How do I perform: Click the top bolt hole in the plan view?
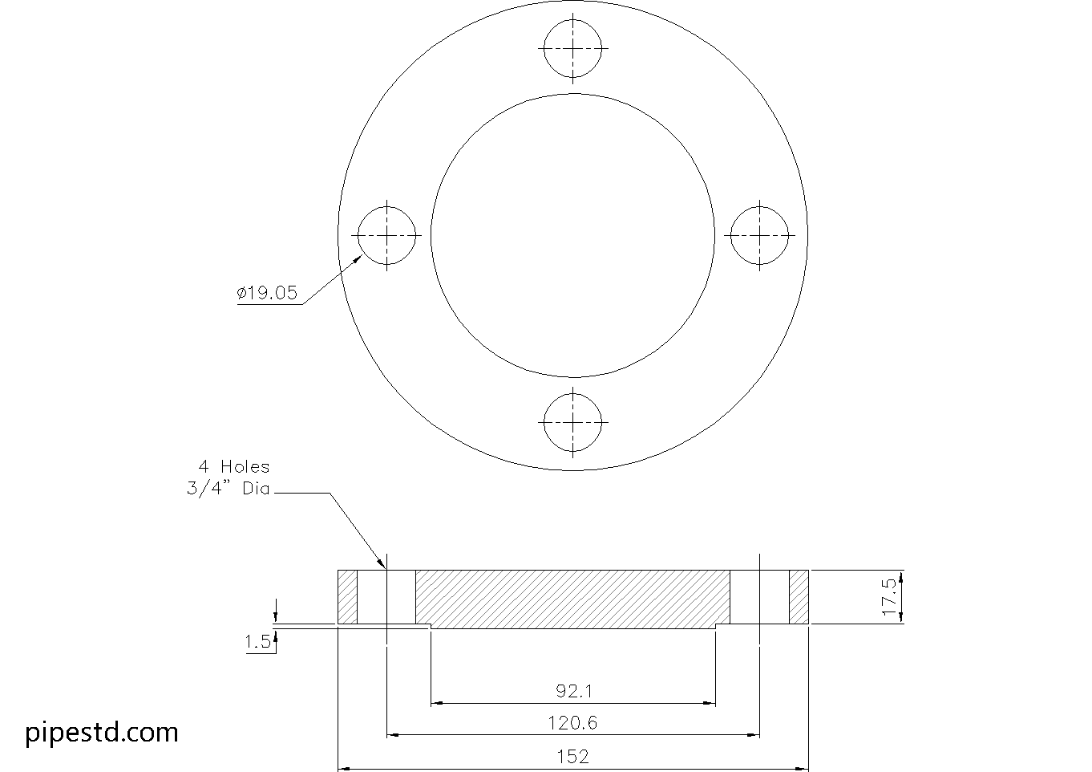[572, 48]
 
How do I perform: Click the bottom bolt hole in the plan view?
[572, 422]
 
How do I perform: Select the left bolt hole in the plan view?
[386, 235]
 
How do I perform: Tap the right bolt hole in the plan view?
[759, 235]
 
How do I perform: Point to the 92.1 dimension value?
[573, 690]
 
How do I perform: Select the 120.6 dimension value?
[572, 723]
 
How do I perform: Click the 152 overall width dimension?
[572, 757]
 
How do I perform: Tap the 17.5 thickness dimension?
[889, 596]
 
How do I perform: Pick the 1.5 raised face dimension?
[258, 642]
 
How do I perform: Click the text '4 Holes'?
[234, 466]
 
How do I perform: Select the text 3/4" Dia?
[229, 488]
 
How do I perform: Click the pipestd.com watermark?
[102, 732]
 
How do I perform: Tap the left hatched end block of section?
[347, 596]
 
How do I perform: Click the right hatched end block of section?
[799, 596]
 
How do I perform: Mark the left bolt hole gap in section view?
[386, 596]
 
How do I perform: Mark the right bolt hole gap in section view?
[759, 596]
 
